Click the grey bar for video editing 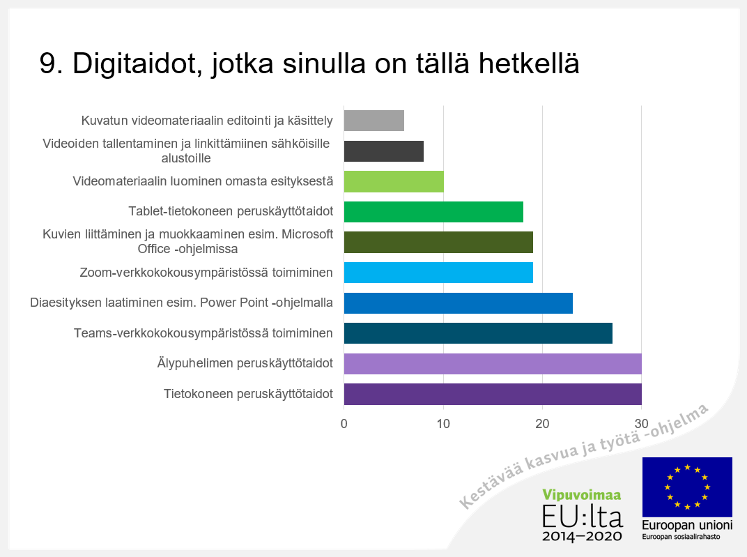coord(374,121)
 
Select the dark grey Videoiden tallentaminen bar coord(384,151)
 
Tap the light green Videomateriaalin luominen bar coord(394,181)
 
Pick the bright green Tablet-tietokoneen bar coord(433,211)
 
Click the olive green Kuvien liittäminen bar coord(438,242)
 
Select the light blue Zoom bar coord(438,273)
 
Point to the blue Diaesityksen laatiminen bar coord(459,303)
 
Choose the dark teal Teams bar coord(478,333)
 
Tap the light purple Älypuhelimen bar coord(493,364)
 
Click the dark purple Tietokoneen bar coord(493,394)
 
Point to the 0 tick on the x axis coord(344,424)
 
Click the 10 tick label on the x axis coord(443,424)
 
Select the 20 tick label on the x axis coord(542,424)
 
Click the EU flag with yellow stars coord(687,487)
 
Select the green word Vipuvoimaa coord(582,496)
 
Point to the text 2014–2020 coord(582,537)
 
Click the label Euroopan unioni coord(687,526)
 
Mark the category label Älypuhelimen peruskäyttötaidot coord(245,364)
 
